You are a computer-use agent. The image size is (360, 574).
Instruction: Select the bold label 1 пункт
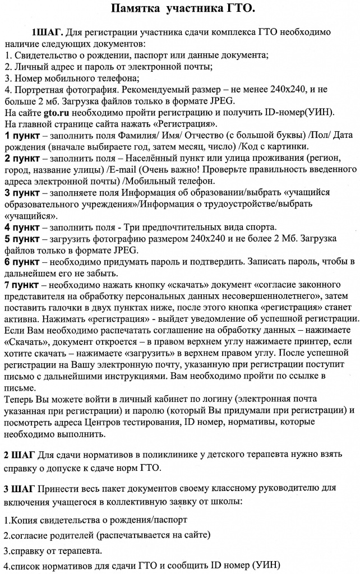tap(22, 137)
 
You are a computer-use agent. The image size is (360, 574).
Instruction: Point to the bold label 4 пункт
tap(22, 227)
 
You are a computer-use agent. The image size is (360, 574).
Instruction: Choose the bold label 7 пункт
tap(22, 285)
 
